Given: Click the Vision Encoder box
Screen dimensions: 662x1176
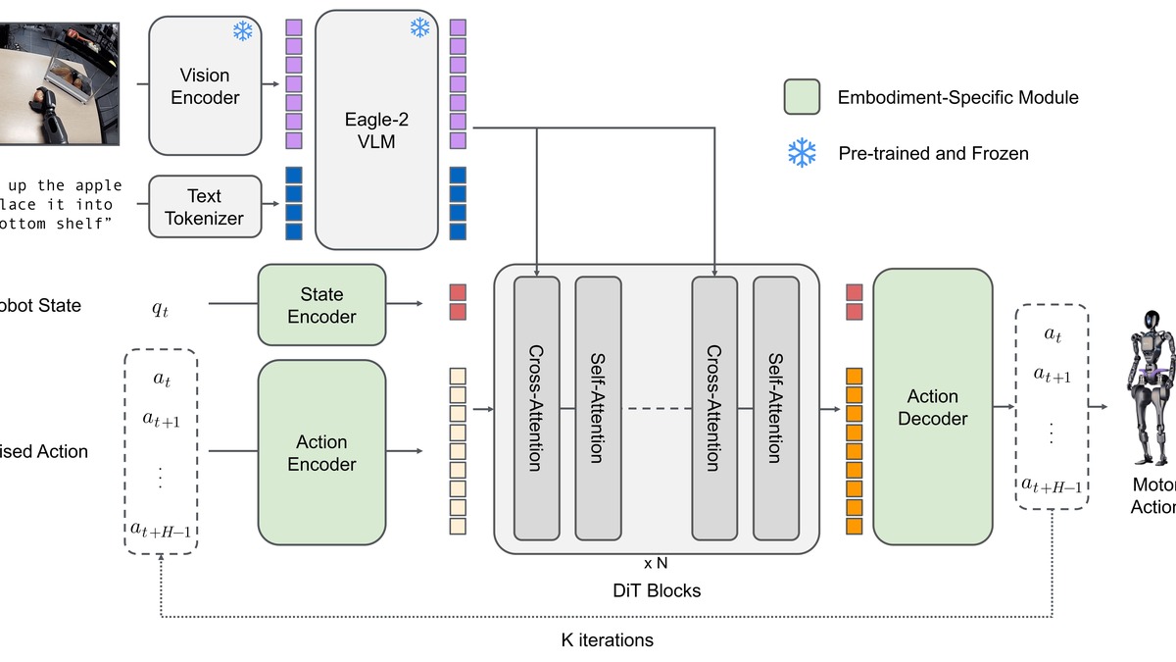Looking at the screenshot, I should pos(205,85).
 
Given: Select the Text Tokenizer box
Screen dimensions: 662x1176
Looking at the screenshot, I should pos(205,207).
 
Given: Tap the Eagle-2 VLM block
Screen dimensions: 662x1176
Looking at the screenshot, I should pos(376,129).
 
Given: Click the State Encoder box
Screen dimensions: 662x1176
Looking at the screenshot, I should pos(321,305).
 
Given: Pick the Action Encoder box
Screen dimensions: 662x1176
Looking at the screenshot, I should pos(321,452).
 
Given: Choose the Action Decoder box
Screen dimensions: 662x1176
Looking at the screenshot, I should pos(932,407).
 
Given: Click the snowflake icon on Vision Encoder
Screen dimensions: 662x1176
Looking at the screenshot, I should pos(242,30).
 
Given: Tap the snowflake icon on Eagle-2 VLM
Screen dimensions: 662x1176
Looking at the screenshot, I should pos(420,27).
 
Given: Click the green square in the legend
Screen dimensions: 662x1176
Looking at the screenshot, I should pos(802,97).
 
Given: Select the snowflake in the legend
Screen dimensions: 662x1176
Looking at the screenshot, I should pos(802,153).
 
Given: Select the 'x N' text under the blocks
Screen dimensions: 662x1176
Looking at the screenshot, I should pos(657,563).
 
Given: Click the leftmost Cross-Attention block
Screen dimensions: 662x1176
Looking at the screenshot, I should pos(536,407).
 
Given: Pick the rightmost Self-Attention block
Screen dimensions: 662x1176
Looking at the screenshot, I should pos(775,407).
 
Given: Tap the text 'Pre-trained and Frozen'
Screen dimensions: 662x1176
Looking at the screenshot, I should pos(933,153).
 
